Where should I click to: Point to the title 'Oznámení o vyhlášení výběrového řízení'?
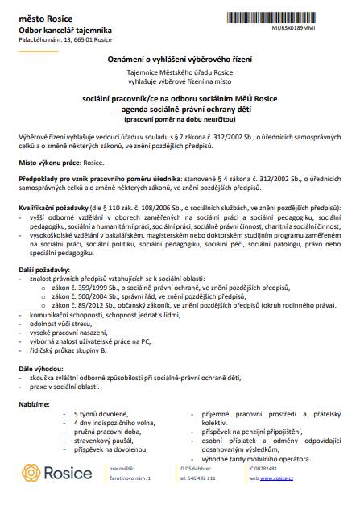pyautogui.click(x=179, y=61)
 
